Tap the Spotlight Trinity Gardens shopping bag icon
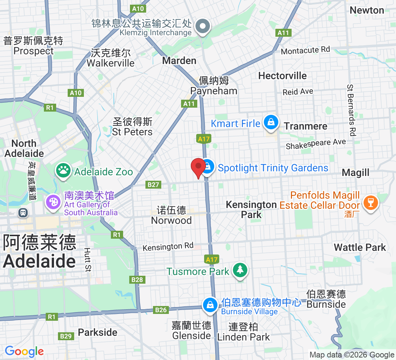point(208,167)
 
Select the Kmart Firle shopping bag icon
point(270,122)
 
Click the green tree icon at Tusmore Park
point(240,271)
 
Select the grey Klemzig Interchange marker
point(203,27)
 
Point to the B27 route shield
point(153,185)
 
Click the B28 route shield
point(137,279)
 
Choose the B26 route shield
point(161,310)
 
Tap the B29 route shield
point(66,336)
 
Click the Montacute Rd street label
point(305,50)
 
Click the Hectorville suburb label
point(283,76)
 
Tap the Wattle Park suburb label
point(360,247)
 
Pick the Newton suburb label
point(367,10)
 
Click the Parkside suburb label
point(98,332)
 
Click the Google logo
point(24,351)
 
